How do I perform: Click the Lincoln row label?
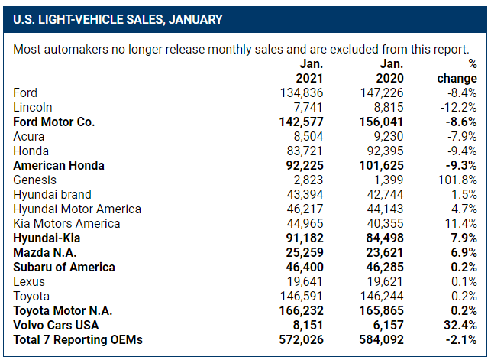pyautogui.click(x=33, y=108)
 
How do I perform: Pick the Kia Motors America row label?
pyautogui.click(x=66, y=223)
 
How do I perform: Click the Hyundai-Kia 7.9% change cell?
pyautogui.click(x=461, y=238)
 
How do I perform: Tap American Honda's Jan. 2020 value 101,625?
pyautogui.click(x=376, y=166)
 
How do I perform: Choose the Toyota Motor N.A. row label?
pyautogui.click(x=63, y=310)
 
